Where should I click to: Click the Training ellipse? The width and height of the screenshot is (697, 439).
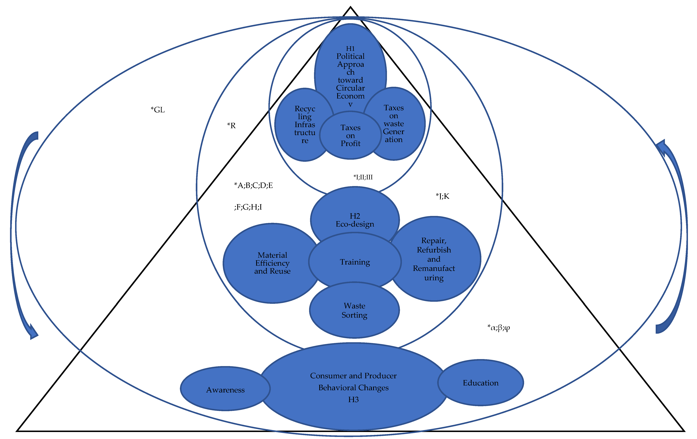tap(355, 262)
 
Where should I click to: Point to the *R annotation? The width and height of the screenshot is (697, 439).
tap(231, 126)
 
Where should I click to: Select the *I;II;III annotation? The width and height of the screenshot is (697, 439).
tap(363, 177)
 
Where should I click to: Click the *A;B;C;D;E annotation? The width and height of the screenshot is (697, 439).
tap(253, 185)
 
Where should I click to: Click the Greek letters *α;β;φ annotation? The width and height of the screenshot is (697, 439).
tap(498, 328)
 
